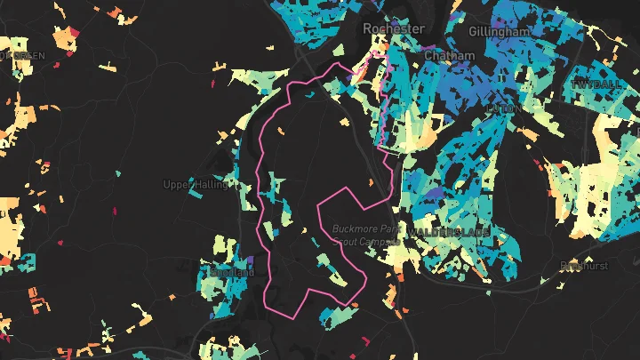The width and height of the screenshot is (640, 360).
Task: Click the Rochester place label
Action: [x=394, y=29]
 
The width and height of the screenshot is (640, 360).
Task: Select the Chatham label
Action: [x=450, y=55]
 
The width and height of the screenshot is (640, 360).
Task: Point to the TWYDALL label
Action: [x=595, y=83]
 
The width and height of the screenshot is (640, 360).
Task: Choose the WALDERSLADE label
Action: [x=449, y=232]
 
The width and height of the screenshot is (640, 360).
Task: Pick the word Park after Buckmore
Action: [x=390, y=228]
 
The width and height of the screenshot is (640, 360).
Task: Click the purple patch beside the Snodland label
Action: [x=252, y=260]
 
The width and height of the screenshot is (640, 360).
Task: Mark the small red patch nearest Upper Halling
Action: [x=115, y=212]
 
